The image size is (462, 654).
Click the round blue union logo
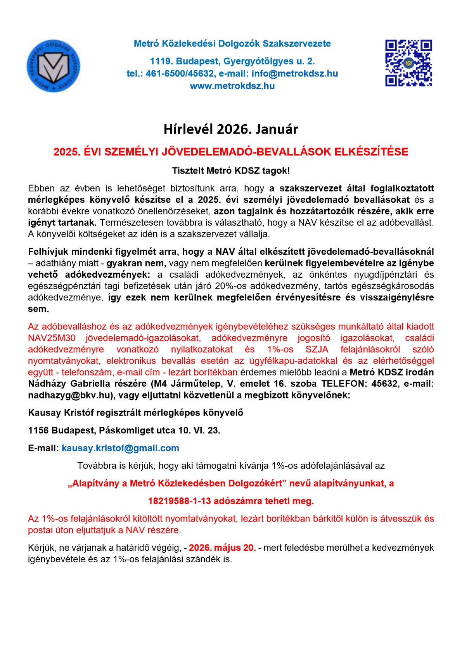(54, 66)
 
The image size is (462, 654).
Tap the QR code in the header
(408, 63)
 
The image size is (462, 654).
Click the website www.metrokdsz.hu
(232, 86)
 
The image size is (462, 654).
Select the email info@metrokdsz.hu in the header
(294, 74)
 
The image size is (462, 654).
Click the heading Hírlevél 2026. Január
(231, 129)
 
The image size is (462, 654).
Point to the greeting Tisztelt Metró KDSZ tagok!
(231, 170)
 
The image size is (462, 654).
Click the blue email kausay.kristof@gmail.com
(120, 448)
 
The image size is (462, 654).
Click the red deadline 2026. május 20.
(222, 548)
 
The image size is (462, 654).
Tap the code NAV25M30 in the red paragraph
(52, 338)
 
